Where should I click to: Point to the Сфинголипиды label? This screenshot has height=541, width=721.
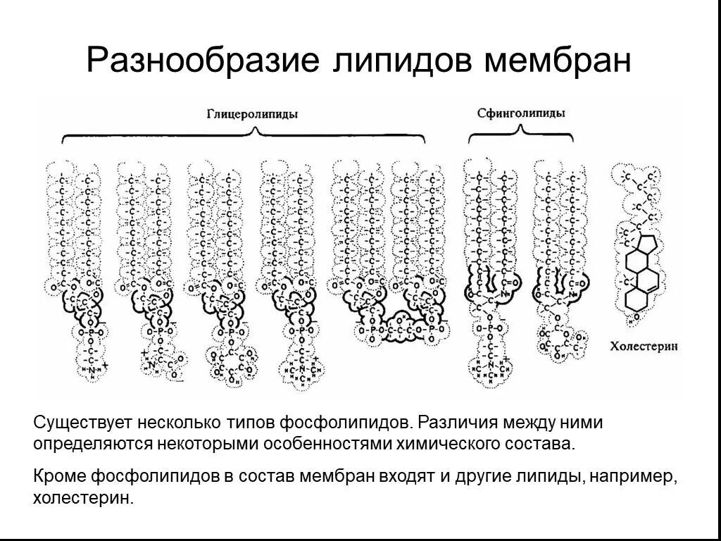522,112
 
